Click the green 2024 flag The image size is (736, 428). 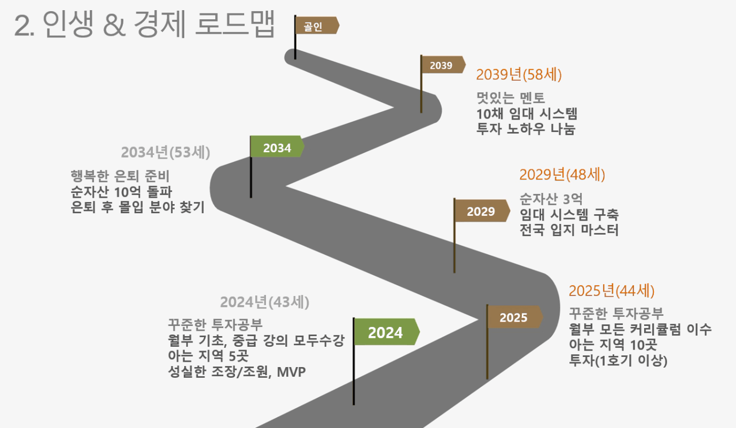coord(387,332)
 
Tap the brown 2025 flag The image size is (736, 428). coord(515,317)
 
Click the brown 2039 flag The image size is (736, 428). coord(443,65)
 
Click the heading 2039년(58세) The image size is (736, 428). coord(519,75)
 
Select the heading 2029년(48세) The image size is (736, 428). coord(562,175)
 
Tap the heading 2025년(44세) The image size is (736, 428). coord(612,291)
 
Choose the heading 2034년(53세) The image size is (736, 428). coord(166,152)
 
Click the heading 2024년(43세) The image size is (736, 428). coord(264,302)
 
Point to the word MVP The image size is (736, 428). coord(292,372)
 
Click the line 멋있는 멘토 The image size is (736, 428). coord(511,98)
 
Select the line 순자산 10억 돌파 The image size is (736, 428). coord(122,192)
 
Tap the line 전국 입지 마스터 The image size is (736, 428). coord(569,230)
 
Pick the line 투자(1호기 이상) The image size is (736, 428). coord(618,361)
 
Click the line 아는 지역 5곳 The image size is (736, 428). coord(208,356)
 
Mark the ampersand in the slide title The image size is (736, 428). coord(114,25)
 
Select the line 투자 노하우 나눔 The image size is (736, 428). coord(526,129)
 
